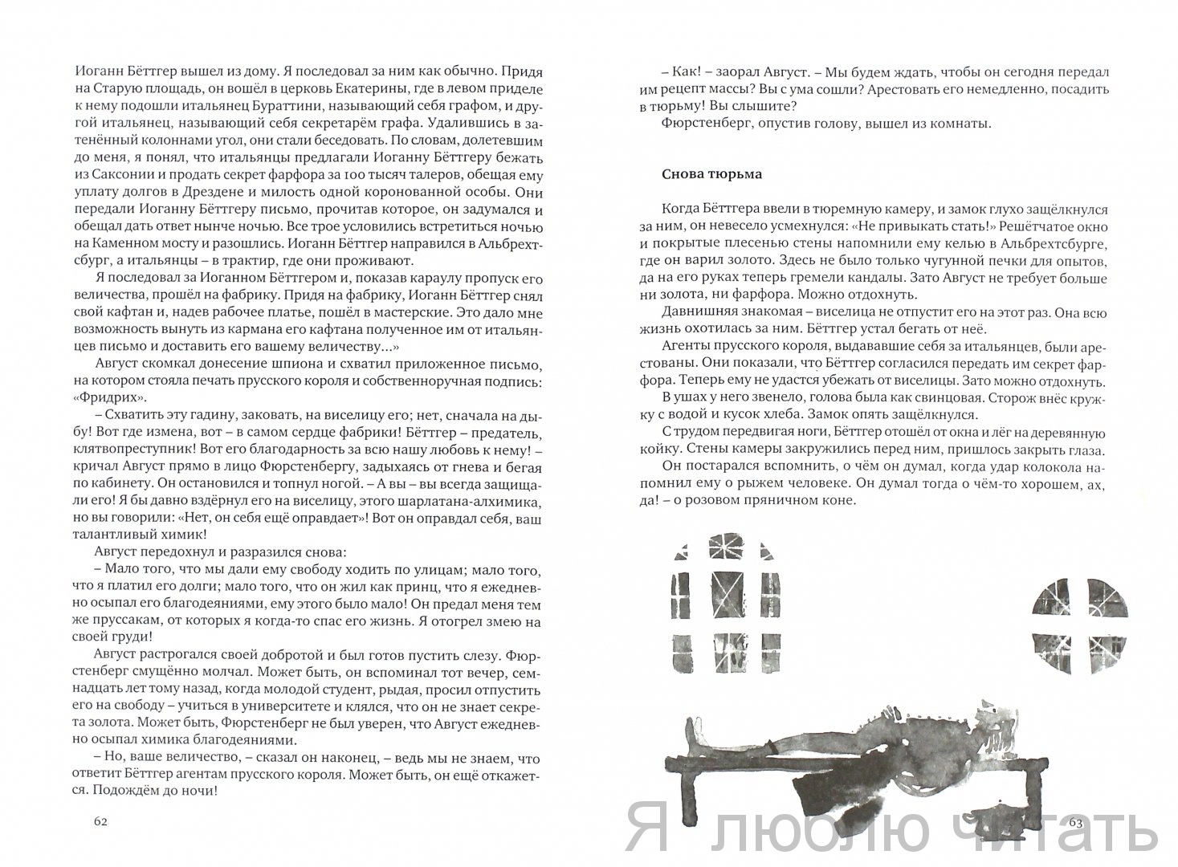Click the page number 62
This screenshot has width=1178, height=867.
click(x=100, y=821)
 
